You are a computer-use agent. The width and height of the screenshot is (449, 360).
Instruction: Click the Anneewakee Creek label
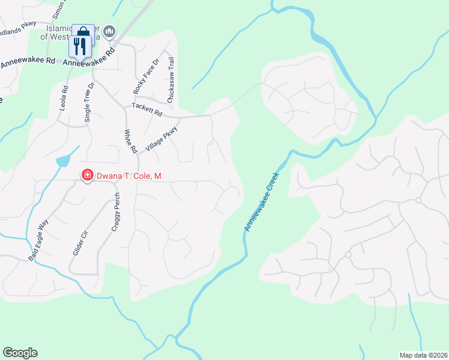263,201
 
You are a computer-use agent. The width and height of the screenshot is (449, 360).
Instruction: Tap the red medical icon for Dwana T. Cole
87,175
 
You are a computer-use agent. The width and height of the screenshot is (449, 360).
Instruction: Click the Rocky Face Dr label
146,76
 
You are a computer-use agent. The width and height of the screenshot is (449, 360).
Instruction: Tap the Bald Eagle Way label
38,240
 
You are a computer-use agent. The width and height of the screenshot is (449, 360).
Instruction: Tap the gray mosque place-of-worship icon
109,31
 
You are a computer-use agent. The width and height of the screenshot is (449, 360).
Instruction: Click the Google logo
20,353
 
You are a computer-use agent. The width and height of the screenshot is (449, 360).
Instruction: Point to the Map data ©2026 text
423,355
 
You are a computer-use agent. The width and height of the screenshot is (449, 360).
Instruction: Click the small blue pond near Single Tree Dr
63,161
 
